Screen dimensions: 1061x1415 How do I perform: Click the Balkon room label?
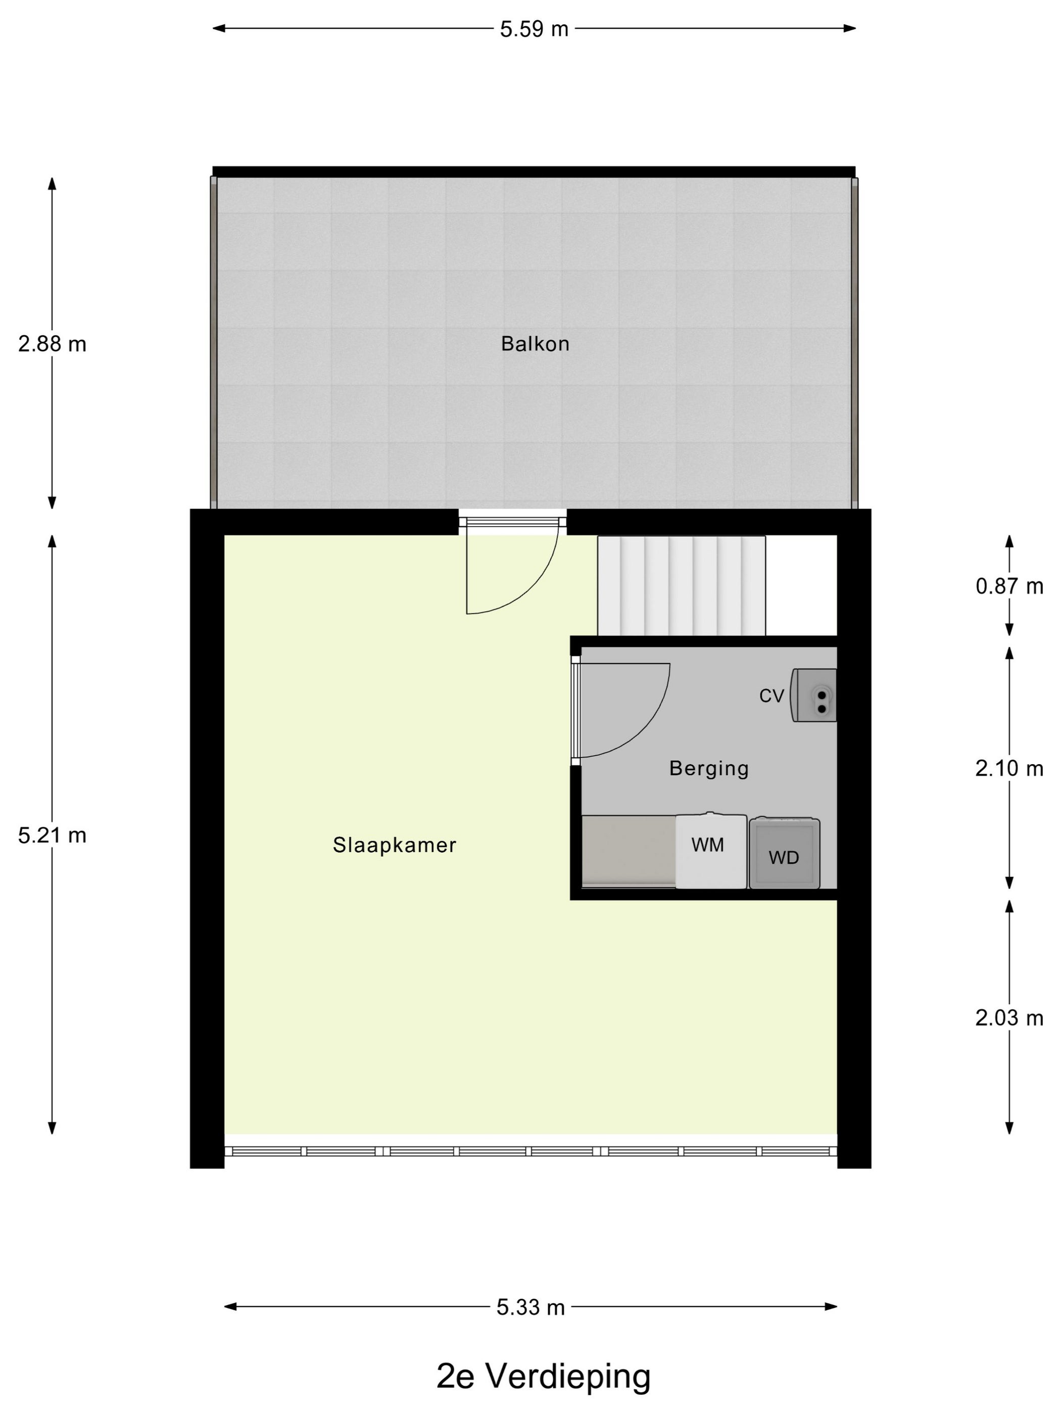535,344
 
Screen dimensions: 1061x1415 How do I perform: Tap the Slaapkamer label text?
395,845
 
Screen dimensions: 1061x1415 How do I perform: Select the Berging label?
709,768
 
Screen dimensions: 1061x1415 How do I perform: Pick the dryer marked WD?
784,854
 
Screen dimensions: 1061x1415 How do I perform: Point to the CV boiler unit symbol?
813,695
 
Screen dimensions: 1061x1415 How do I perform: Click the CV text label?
771,696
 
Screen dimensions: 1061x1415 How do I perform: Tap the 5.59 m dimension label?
534,29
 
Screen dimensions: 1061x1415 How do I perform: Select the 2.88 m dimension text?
52,344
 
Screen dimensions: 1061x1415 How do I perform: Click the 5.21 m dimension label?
52,835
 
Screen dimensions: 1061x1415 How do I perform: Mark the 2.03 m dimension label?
1009,1018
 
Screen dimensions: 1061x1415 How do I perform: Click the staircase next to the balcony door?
681,586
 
